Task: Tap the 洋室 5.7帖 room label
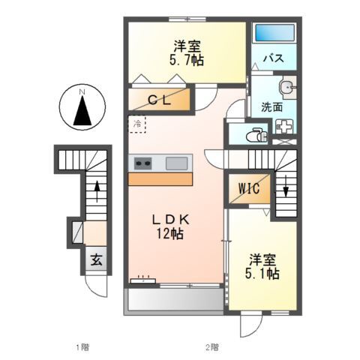click(186, 52)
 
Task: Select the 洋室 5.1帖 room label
click(264, 267)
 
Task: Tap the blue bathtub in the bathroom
click(274, 34)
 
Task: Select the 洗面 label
click(271, 106)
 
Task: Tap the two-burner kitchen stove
click(143, 163)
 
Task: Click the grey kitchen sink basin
click(177, 163)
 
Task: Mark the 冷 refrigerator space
click(137, 122)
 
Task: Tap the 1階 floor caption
click(82, 347)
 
